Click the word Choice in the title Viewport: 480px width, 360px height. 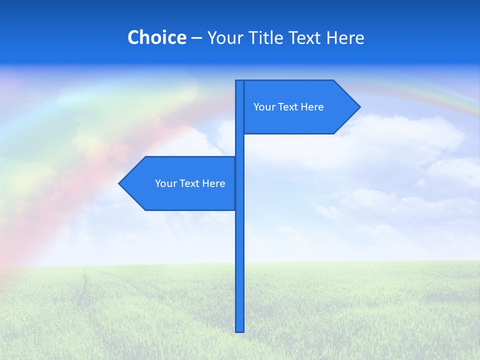pos(156,38)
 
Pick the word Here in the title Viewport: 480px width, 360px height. pos(346,38)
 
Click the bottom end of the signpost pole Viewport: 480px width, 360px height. pos(240,330)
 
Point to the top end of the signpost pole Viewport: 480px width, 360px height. pos(239,81)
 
